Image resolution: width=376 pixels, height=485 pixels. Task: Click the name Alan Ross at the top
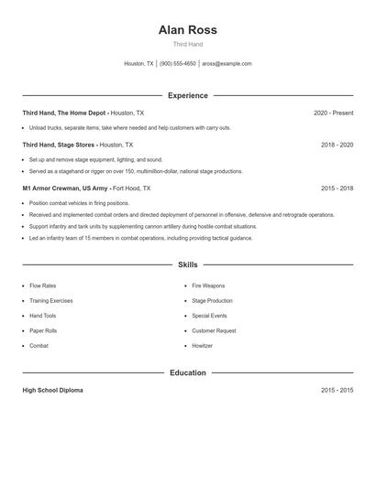tap(187, 29)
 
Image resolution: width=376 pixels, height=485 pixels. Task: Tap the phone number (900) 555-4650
tap(178, 64)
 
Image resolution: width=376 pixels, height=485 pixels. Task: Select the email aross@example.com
tap(227, 64)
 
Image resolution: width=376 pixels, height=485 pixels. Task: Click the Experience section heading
tap(187, 95)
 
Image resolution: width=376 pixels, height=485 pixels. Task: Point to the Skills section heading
tap(187, 264)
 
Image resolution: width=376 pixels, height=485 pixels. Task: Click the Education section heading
tap(187, 372)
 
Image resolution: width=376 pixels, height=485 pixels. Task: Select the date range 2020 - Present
tap(333, 113)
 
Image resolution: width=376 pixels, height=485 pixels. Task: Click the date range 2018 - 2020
tap(337, 145)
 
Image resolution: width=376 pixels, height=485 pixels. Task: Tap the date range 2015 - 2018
tap(337, 188)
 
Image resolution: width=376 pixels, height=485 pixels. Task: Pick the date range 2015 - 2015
tap(337, 390)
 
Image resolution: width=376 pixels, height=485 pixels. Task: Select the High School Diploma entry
tap(52, 390)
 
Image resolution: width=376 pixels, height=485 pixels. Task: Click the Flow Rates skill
tap(42, 286)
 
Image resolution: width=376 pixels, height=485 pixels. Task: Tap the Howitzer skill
tap(202, 346)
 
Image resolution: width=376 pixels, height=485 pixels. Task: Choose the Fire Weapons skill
tap(208, 286)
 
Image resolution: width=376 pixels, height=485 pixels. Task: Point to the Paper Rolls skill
tap(43, 330)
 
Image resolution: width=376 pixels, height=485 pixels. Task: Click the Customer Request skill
tap(214, 330)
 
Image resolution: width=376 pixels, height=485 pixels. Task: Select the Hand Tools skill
tap(42, 316)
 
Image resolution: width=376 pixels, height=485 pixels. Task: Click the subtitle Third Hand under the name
tap(187, 44)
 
